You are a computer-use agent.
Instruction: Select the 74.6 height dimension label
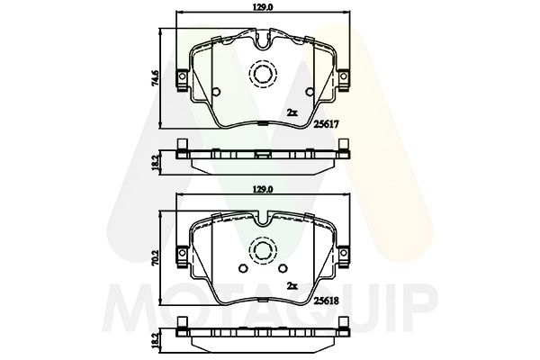156,79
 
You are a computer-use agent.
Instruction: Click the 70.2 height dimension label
156,255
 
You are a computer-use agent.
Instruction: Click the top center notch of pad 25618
264,217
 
